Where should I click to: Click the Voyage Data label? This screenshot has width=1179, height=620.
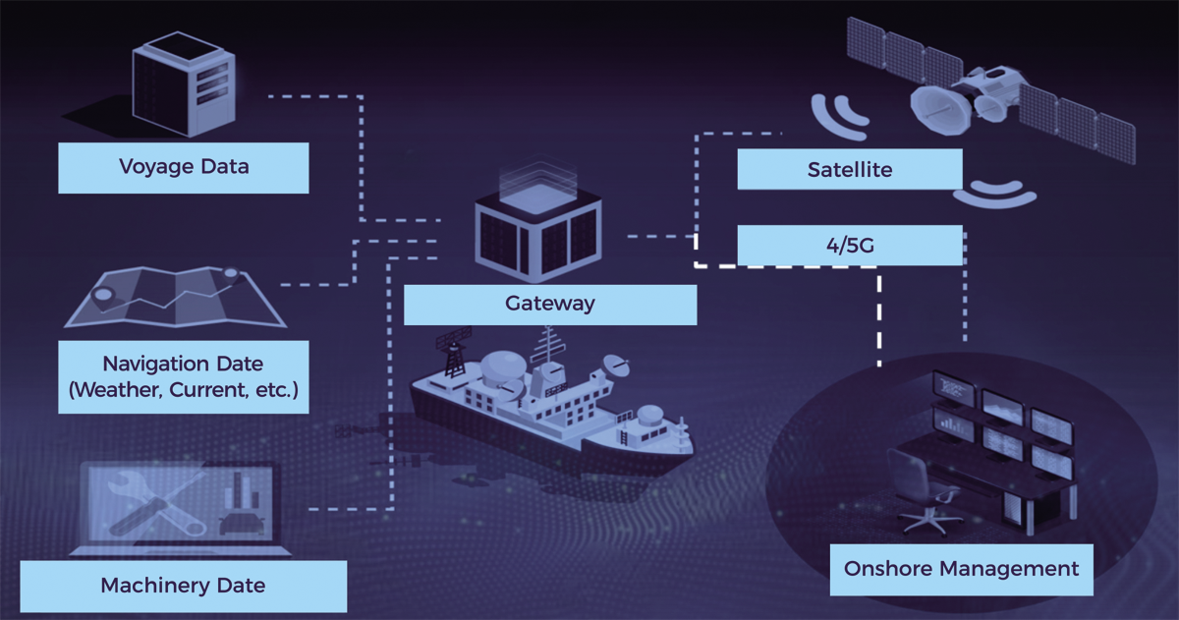tap(184, 167)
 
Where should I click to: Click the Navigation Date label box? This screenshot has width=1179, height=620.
tap(184, 377)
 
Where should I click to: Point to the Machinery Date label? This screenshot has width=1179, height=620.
tap(184, 587)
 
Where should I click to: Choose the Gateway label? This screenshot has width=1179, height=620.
tap(550, 304)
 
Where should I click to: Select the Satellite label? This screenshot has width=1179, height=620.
tap(850, 170)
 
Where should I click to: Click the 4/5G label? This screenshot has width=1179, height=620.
tap(850, 246)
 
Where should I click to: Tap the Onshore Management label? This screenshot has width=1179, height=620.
tap(961, 568)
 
